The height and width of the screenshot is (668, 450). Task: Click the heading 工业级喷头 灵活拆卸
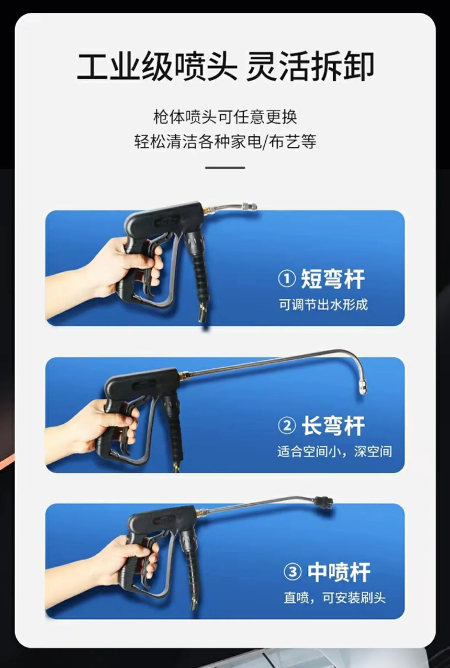225,67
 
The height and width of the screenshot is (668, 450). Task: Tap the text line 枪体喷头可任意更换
225,117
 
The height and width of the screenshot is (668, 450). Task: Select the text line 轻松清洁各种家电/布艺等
225,141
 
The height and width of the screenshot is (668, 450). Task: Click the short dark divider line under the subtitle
225,168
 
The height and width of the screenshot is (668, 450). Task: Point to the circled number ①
287,279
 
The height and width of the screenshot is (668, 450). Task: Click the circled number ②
287,426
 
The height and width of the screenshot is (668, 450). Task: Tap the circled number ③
292,572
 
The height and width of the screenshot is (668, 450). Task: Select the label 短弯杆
333,279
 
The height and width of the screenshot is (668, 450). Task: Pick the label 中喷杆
339,572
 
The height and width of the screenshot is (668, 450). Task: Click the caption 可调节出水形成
323,305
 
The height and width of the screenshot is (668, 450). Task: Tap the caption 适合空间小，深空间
335,451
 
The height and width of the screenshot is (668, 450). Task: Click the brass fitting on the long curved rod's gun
184,374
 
